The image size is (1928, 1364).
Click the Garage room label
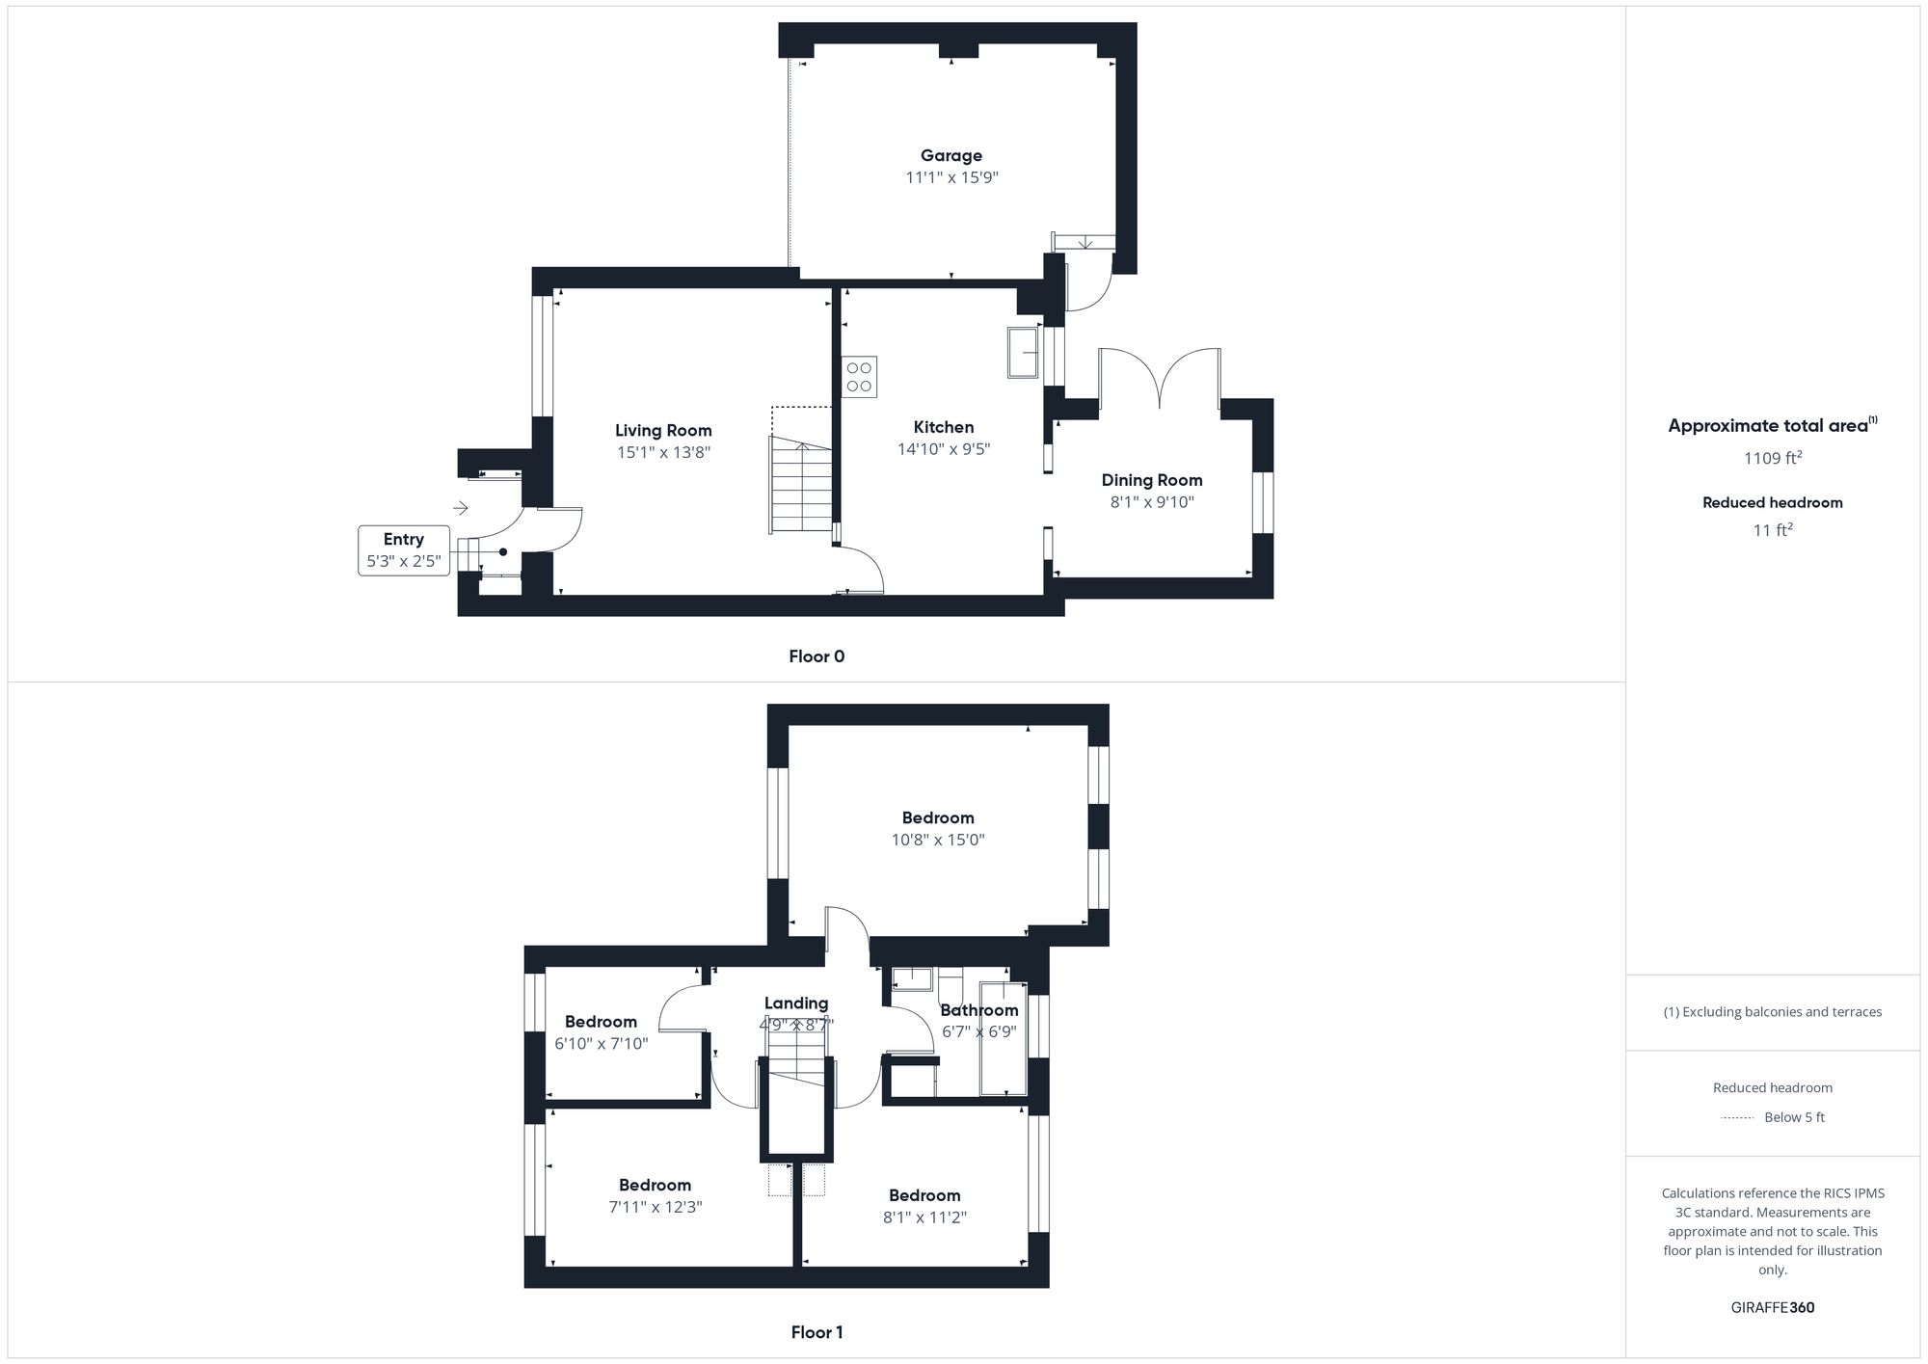[951, 155]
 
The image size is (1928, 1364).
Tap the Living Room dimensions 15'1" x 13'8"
[663, 452]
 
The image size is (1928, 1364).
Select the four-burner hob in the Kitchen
[859, 377]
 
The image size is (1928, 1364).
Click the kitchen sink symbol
[1023, 352]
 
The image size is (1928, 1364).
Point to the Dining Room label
[1151, 480]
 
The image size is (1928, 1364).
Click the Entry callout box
[403, 550]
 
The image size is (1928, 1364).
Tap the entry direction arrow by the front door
[461, 508]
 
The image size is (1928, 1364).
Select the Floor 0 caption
[817, 656]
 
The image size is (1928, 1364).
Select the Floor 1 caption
[817, 1332]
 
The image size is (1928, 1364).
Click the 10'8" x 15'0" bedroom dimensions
[937, 840]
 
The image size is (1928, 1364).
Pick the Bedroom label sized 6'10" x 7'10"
[601, 1022]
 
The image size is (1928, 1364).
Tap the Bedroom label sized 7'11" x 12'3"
[655, 1186]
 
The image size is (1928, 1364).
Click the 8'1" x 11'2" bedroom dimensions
[924, 1217]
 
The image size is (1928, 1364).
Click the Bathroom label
[978, 1010]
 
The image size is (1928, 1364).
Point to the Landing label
[795, 1003]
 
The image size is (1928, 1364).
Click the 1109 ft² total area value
[1772, 458]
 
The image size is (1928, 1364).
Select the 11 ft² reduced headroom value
[1772, 530]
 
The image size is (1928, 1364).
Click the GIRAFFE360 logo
[1772, 1308]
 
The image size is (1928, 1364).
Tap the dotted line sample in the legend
[1736, 1118]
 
